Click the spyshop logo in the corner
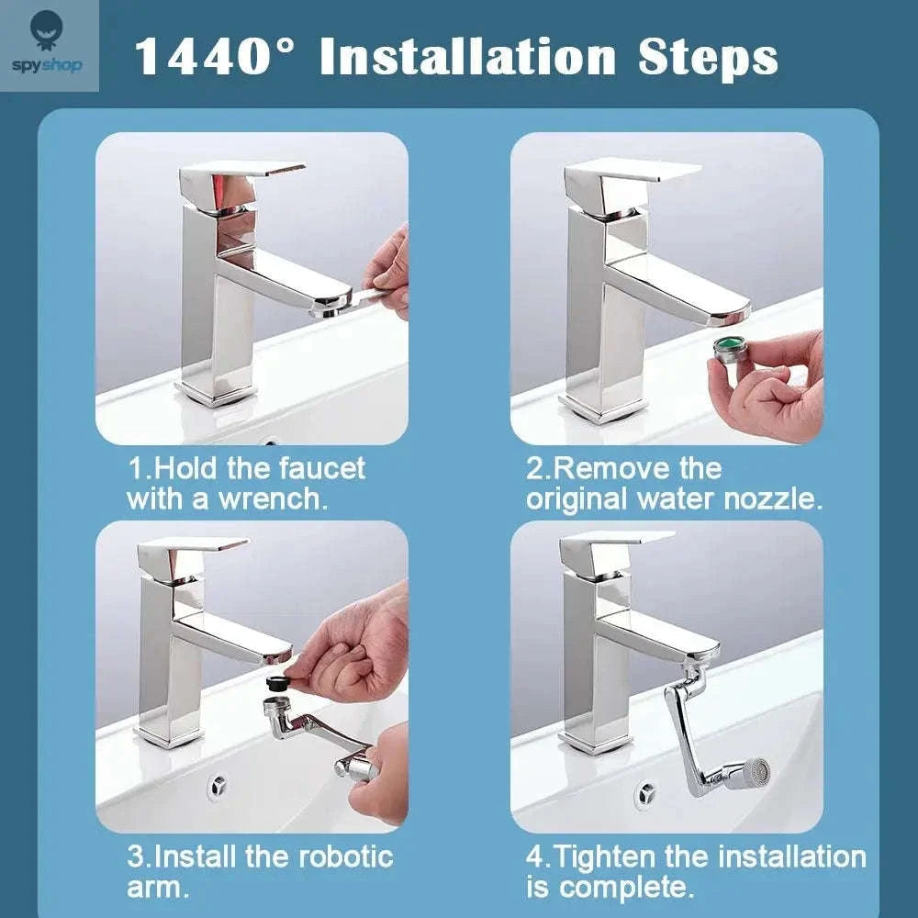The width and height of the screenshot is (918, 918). point(48,45)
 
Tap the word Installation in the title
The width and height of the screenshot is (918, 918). point(468,57)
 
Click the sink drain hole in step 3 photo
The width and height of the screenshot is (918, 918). point(218,786)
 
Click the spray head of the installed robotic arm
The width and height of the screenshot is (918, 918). point(750,775)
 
